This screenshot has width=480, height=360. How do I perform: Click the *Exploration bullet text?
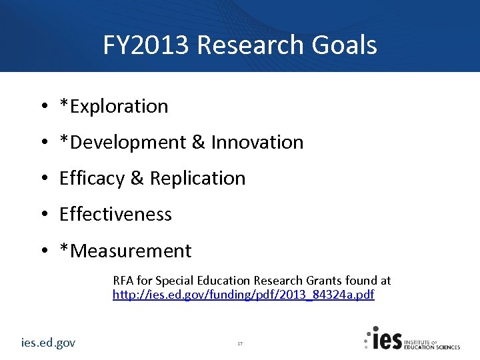[x=114, y=106]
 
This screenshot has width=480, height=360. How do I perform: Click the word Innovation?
[x=257, y=142]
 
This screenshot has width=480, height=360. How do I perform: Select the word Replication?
[x=197, y=178]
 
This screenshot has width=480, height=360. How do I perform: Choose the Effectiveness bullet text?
[x=115, y=214]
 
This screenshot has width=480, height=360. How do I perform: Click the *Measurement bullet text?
[x=125, y=251]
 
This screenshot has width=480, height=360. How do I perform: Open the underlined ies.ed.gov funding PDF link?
[x=243, y=294]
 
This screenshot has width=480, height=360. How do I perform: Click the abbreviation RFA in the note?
[x=123, y=281]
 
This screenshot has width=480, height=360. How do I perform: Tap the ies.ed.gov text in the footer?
[x=48, y=343]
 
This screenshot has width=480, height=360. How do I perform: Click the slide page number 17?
[x=240, y=343]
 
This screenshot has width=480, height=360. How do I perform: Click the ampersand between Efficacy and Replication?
[x=137, y=178]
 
